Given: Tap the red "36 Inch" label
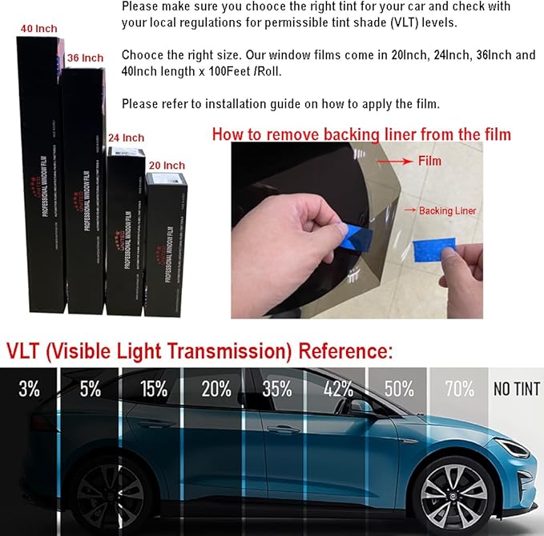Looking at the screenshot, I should [x=85, y=58].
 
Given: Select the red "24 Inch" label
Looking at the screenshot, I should [x=126, y=138].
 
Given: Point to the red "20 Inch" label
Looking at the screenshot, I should [x=166, y=166].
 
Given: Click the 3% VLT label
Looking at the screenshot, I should [x=29, y=390].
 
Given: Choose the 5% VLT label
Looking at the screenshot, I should [x=90, y=390].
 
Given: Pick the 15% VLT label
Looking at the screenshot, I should [x=153, y=390].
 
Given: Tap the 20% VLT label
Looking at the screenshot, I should [x=216, y=390].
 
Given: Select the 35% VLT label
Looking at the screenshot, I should [x=277, y=390].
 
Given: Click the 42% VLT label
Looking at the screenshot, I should [x=339, y=390].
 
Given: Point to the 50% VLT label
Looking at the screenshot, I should [x=399, y=390].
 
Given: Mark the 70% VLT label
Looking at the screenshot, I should [x=459, y=390].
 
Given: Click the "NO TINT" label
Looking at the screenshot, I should [x=517, y=390].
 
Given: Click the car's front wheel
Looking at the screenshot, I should [x=453, y=489].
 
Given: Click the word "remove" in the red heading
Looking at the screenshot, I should [x=292, y=134].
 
